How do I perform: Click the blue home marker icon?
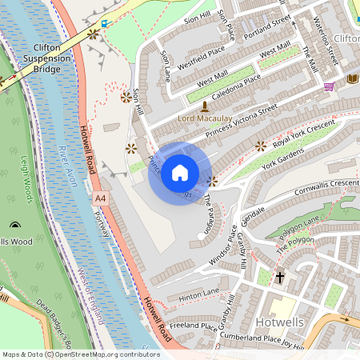pos(180,173)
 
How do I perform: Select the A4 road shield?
pos(99,197)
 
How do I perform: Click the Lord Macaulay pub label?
pos(205,118)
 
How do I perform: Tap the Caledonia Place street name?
pos(231,84)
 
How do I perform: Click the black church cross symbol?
pos(280,278)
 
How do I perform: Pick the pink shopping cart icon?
pos(329,86)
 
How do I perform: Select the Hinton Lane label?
pos(198,295)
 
